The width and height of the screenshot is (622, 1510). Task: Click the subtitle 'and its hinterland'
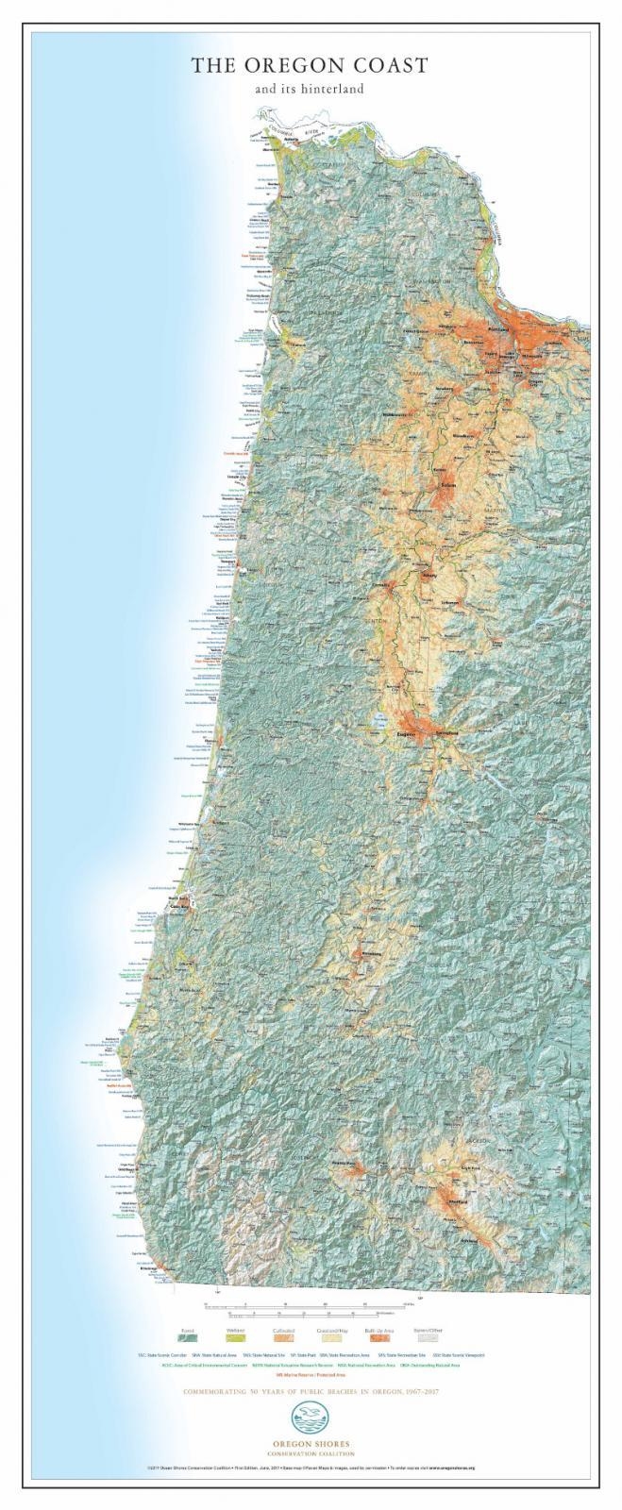309,90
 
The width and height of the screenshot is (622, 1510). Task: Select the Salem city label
450,486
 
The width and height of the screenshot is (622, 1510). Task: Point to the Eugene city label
409,733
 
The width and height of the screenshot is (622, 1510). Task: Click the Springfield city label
446,733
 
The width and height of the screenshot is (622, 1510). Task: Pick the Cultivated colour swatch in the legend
284,1336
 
